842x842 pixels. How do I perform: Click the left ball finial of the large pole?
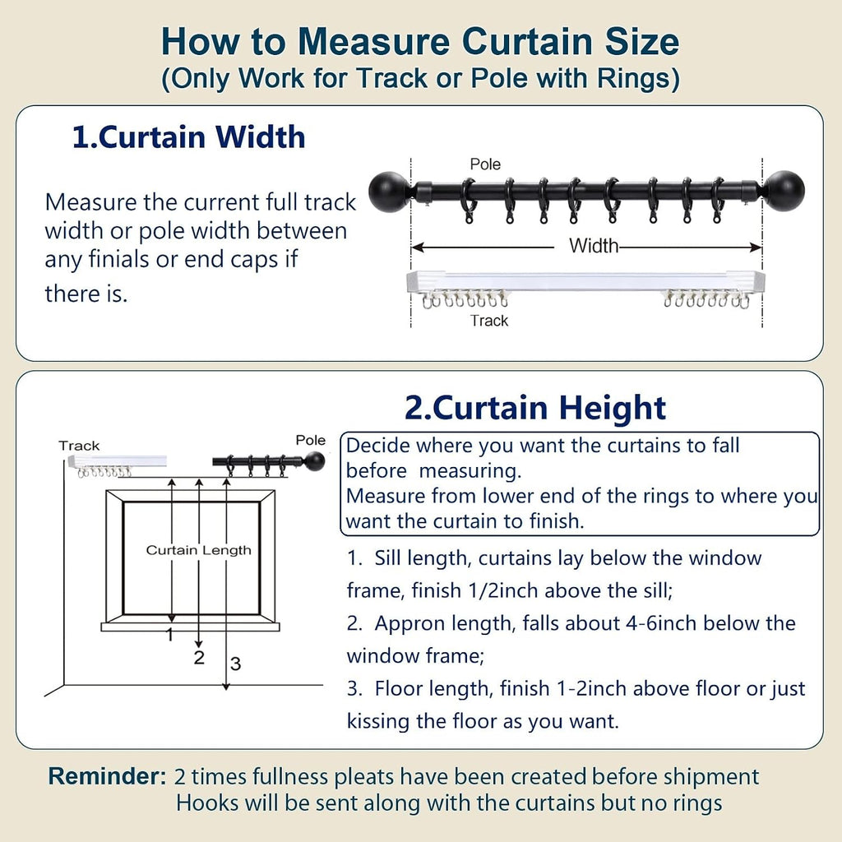(389, 192)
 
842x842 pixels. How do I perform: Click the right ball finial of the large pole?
(784, 192)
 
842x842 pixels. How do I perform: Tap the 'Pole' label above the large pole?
(485, 164)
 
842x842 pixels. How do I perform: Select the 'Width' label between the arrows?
(594, 246)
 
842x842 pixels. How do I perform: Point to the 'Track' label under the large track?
(489, 321)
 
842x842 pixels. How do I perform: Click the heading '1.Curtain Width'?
(188, 137)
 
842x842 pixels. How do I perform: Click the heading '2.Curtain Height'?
(535, 408)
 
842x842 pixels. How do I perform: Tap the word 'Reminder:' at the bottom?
(108, 776)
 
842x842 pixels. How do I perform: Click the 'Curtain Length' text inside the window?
(199, 550)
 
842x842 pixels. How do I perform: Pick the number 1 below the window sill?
(170, 635)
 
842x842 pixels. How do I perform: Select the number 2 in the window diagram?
(199, 657)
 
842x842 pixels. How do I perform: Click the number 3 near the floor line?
(235, 664)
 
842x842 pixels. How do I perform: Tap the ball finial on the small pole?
(315, 460)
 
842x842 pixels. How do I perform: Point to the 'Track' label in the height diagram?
(79, 446)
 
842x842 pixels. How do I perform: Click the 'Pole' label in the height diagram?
(310, 441)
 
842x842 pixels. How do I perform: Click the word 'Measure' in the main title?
(374, 41)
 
